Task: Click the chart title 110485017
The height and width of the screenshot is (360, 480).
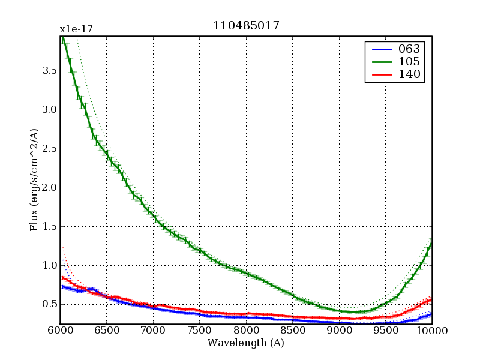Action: [x=246, y=26]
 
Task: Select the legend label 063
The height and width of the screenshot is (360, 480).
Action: [x=409, y=49]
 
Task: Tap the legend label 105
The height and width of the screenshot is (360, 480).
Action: [x=409, y=62]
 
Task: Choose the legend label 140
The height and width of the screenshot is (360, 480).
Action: [x=409, y=74]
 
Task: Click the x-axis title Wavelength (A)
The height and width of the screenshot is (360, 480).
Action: [x=246, y=343]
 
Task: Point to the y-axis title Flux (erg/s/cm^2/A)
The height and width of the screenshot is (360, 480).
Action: [x=34, y=180]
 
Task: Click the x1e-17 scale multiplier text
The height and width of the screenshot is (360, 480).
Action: [x=76, y=29]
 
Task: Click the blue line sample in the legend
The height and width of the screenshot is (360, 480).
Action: [x=380, y=49]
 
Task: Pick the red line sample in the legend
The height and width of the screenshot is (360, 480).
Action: [x=380, y=74]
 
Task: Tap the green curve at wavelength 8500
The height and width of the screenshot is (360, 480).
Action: [x=292, y=295]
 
